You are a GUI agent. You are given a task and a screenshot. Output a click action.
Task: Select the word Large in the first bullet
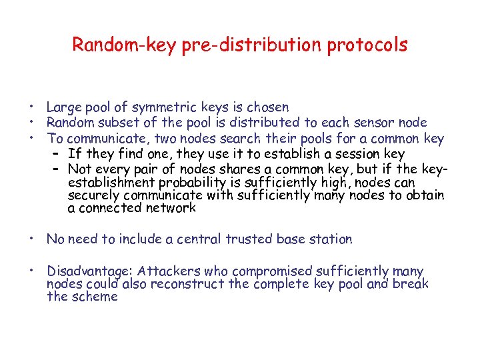pyautogui.click(x=63, y=107)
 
